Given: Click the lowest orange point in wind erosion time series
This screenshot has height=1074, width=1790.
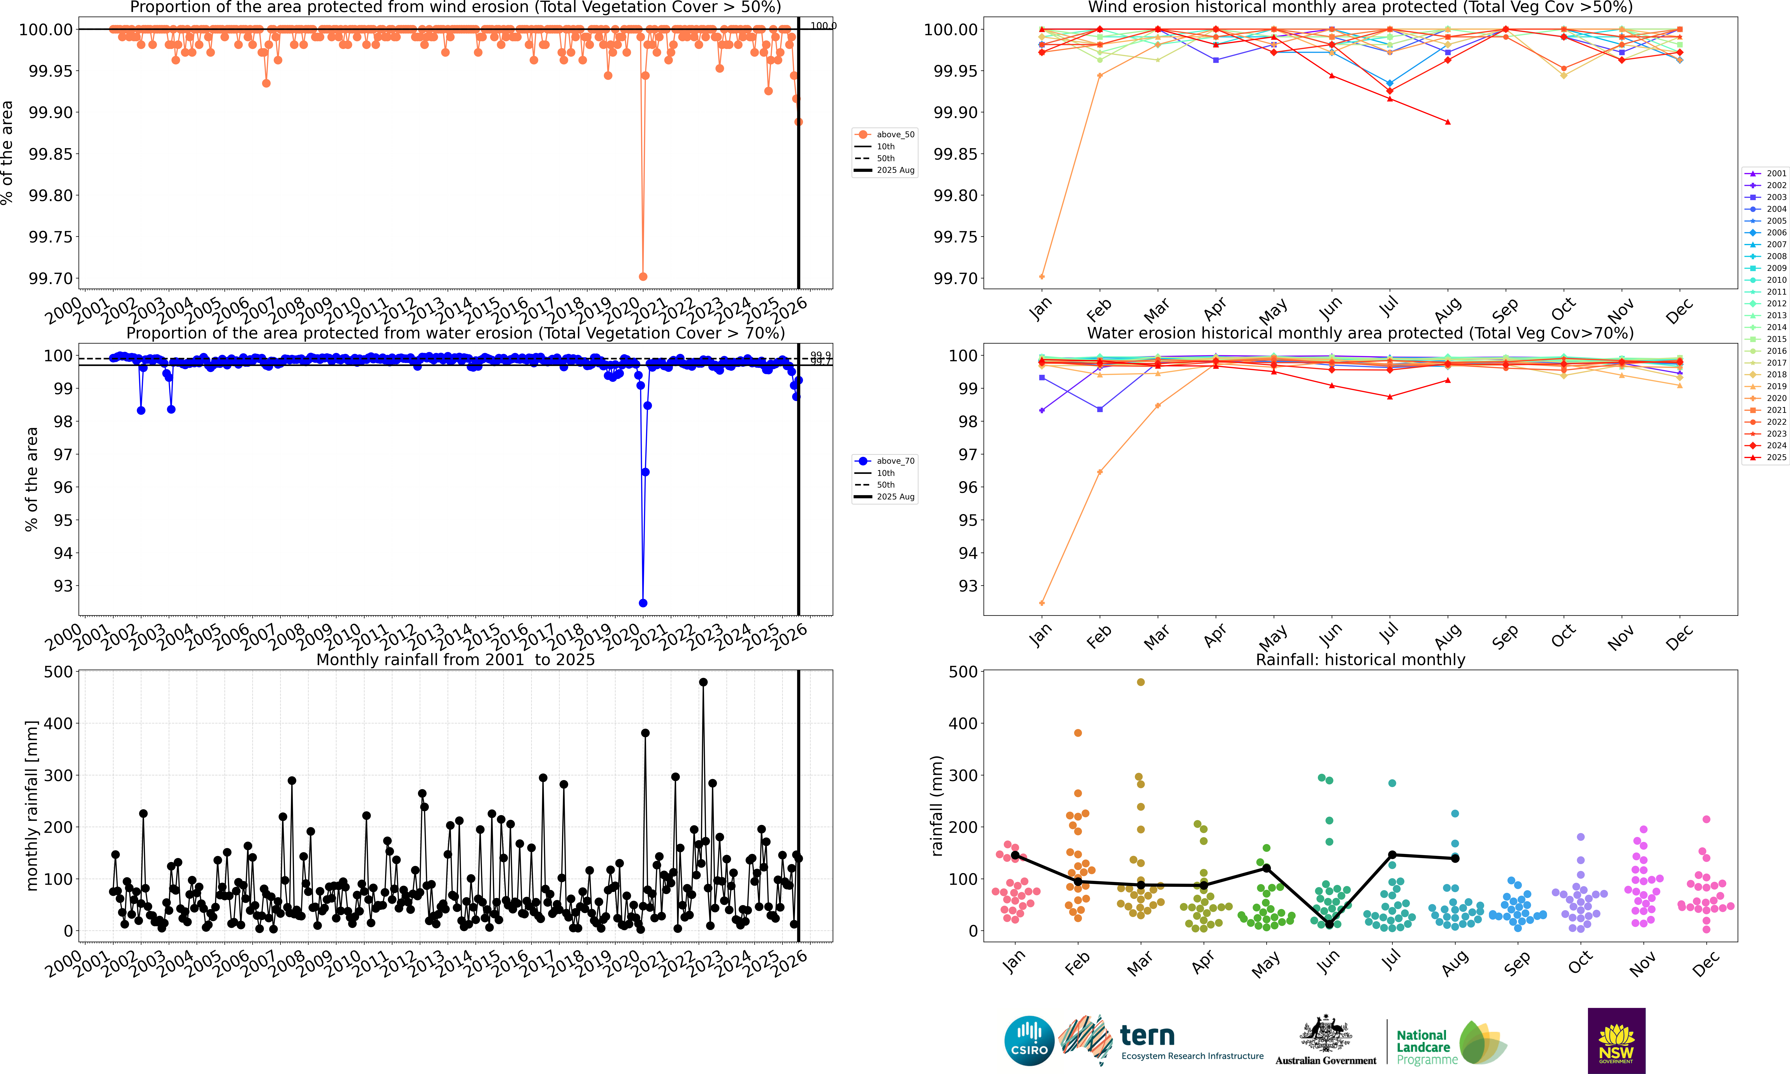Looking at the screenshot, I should pyautogui.click(x=643, y=277).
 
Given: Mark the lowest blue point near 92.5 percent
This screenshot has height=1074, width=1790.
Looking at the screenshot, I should pyautogui.click(x=643, y=603).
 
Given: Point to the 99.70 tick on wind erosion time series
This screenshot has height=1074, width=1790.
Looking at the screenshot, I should pyautogui.click(x=51, y=279).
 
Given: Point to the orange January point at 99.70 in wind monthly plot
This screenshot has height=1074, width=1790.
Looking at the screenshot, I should pyautogui.click(x=1041, y=277).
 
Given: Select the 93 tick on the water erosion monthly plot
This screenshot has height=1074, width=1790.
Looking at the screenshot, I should pyautogui.click(x=968, y=586).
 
